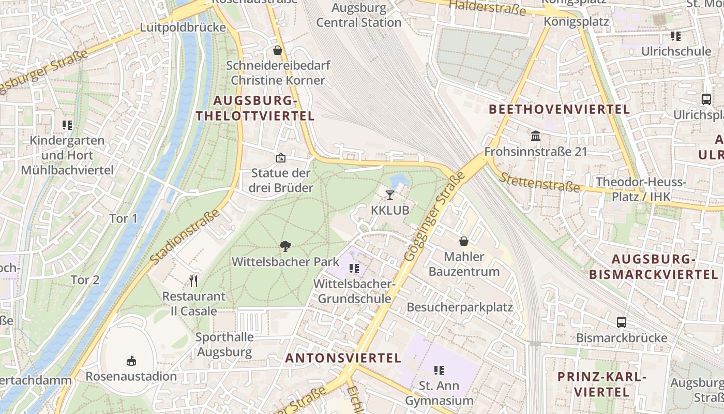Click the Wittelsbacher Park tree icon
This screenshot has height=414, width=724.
pos(284,246)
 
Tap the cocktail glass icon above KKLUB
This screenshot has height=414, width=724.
pos(390,195)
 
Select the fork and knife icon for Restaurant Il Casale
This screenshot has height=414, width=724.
pos(193,281)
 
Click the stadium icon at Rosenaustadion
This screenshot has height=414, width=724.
pos(131,361)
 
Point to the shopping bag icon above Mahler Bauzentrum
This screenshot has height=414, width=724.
pos(464,241)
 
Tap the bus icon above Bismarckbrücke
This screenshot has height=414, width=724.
pos(622,322)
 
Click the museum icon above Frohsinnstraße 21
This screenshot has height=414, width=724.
pos(536,136)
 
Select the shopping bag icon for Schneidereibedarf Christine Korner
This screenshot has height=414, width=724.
pos(278,50)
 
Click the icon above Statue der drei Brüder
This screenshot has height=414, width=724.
pos(280,158)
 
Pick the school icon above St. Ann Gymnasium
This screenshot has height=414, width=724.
pos(439,371)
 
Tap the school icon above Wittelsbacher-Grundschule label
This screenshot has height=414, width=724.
pos(354,269)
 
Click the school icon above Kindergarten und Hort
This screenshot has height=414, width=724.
pos(67,125)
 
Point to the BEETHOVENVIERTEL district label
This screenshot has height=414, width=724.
pos(559,109)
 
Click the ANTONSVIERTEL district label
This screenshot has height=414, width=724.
pos(343,358)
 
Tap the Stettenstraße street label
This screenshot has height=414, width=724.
pos(539,181)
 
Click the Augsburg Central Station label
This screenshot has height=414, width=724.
pos(359,16)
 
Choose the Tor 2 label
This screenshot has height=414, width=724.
pos(85,280)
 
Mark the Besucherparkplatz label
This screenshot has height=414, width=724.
pos(460,307)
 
